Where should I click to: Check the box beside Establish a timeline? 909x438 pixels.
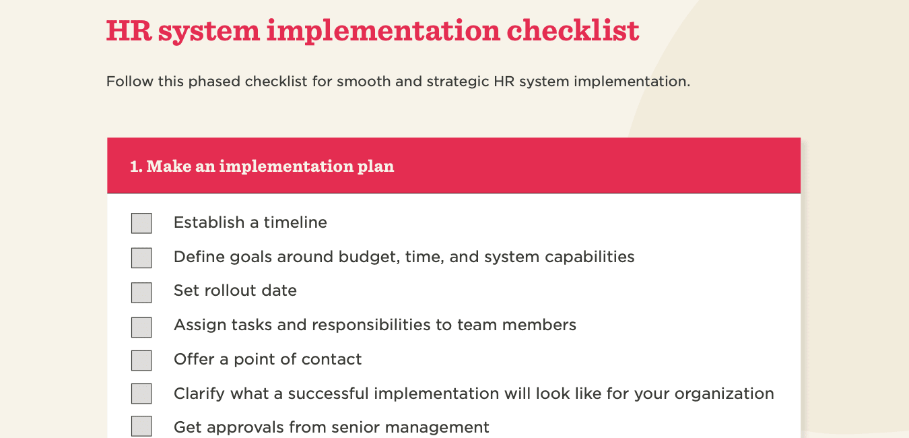click(x=141, y=223)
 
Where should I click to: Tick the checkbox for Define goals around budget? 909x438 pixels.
click(x=141, y=257)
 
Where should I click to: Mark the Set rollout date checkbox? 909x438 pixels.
click(x=141, y=292)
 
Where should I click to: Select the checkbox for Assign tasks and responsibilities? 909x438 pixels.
click(x=141, y=327)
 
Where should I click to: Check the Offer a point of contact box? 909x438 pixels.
click(x=141, y=360)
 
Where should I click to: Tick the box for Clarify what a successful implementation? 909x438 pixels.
click(x=141, y=394)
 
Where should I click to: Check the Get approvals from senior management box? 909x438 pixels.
click(x=141, y=427)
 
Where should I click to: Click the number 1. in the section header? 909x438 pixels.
click(x=136, y=166)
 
